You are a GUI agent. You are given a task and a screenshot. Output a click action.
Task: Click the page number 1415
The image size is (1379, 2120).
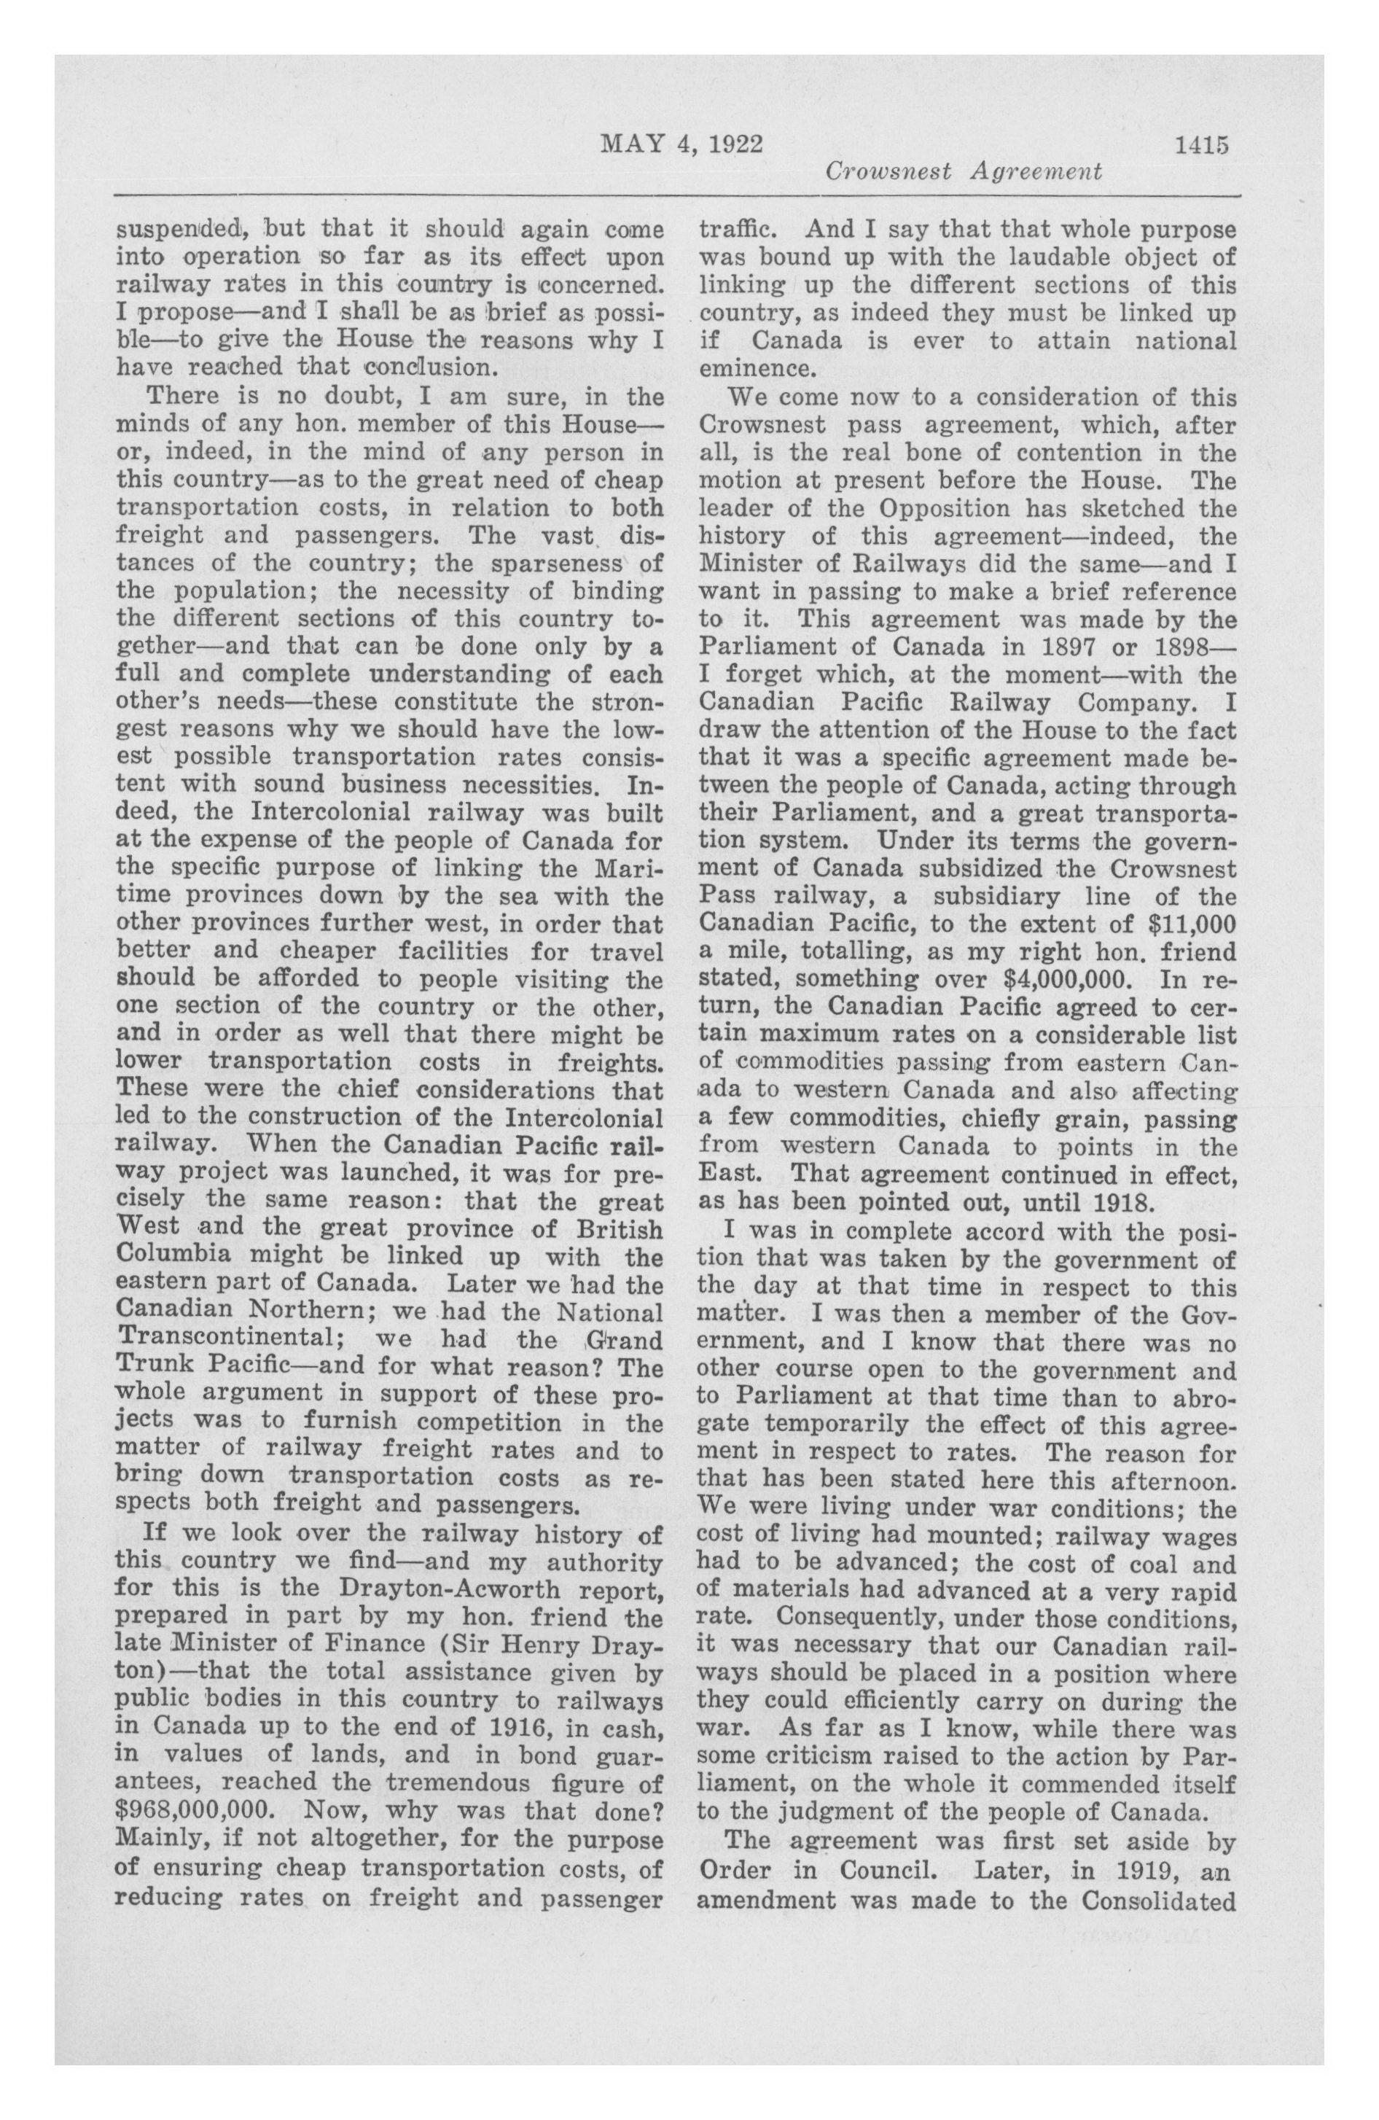coord(1201,144)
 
